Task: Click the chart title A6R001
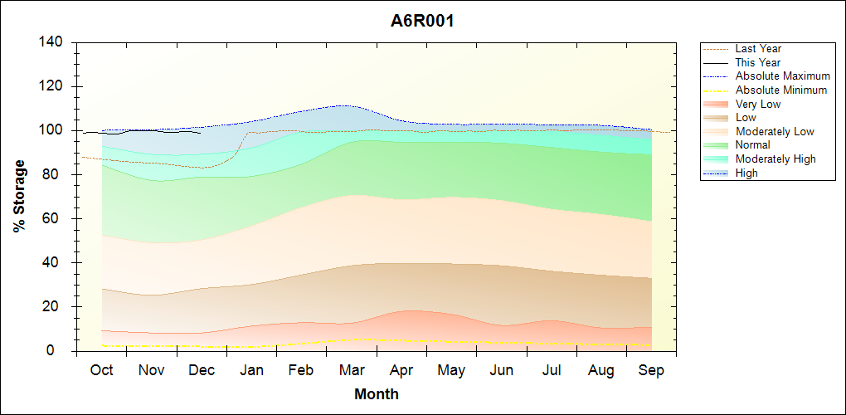[x=422, y=21]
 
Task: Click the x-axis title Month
[x=377, y=394]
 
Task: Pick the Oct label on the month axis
[x=102, y=370]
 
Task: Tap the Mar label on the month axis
[x=352, y=370]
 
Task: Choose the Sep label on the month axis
[x=651, y=370]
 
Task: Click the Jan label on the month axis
[x=252, y=370]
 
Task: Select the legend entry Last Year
[x=757, y=49]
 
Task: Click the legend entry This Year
[x=757, y=62]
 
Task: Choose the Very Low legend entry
[x=757, y=104]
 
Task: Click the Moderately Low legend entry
[x=774, y=131]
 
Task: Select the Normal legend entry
[x=752, y=144]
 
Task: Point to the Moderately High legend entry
[x=775, y=159]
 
